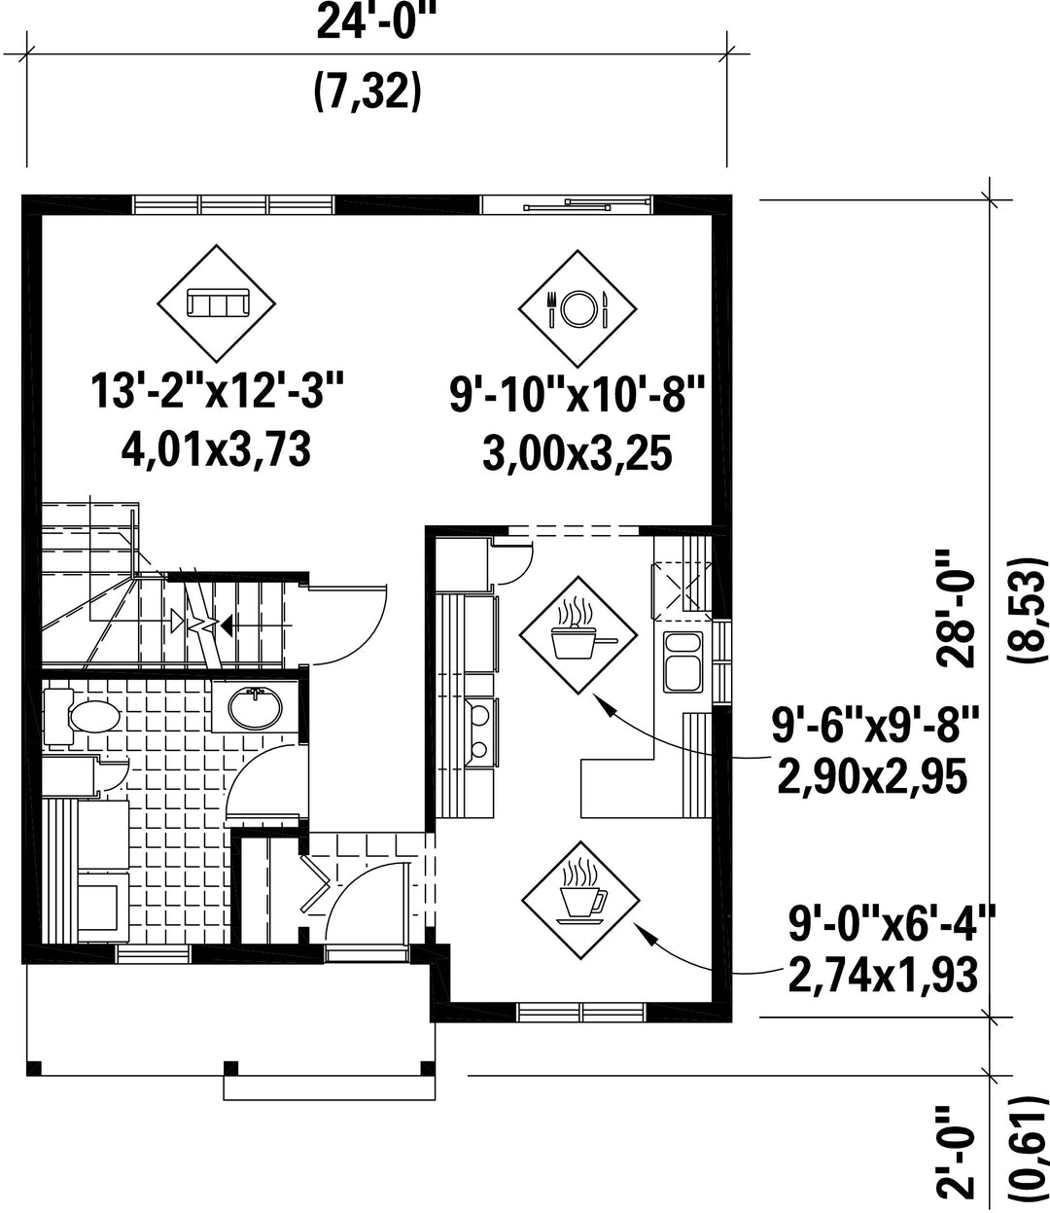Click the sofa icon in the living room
[x=216, y=303]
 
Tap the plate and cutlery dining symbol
[x=577, y=308]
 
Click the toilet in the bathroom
[x=82, y=717]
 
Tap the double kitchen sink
[x=682, y=661]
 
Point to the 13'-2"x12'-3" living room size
[x=217, y=391]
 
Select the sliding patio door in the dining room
[x=566, y=204]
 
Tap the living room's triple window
[x=233, y=204]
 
